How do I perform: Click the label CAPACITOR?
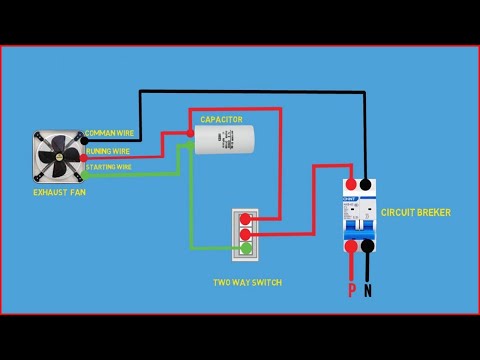221,119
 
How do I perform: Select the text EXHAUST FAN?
60,191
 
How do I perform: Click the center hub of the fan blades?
59,155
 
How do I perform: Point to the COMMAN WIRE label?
111,133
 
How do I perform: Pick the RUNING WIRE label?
107,151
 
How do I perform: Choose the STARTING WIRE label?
109,167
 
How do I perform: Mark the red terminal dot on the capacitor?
189,131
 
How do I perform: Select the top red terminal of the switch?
245,216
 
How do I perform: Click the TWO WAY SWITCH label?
248,283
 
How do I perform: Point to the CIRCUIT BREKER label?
416,212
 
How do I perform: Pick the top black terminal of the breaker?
367,186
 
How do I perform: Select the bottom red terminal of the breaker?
351,246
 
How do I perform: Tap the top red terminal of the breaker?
351,186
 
